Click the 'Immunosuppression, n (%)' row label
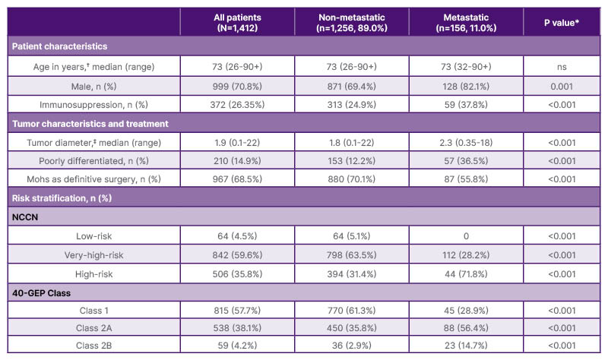tap(93, 104)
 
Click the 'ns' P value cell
tap(561, 66)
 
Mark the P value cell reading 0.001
tap(561, 85)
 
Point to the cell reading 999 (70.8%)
tap(235, 85)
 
